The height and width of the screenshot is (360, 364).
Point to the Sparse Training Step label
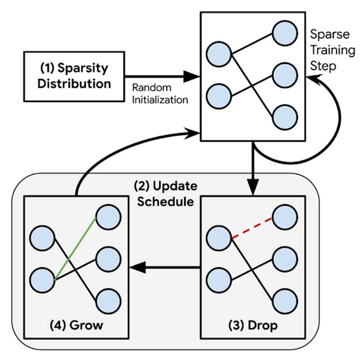pyautogui.click(x=332, y=50)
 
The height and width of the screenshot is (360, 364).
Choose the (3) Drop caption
pyautogui.click(x=254, y=326)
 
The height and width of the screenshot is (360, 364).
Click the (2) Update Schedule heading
pyautogui.click(x=165, y=194)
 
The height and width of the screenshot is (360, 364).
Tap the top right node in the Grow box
pyautogui.click(x=108, y=217)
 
